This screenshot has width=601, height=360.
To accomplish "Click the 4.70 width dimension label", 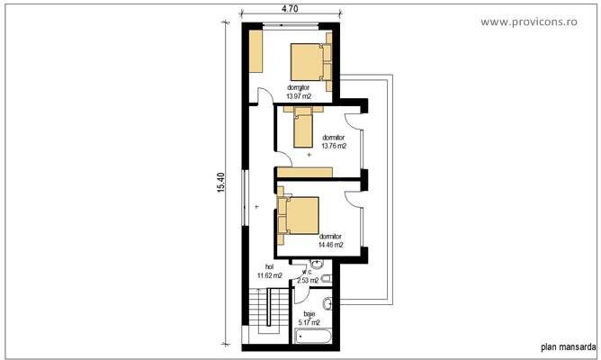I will (x=290, y=8).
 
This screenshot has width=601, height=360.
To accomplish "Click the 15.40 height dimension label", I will (x=220, y=183).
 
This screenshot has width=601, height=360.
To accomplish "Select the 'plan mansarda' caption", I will (x=567, y=345).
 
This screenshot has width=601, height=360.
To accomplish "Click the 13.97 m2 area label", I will (x=299, y=95).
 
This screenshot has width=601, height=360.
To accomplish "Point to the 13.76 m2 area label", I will (x=334, y=145).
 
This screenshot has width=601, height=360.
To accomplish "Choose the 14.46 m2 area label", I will (x=331, y=243).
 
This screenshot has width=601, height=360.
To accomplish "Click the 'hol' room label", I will (x=269, y=267).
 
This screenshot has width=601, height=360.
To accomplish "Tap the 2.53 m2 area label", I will (x=308, y=281).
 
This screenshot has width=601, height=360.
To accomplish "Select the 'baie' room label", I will (x=309, y=314).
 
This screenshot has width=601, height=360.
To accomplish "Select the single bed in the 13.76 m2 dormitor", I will (x=301, y=126).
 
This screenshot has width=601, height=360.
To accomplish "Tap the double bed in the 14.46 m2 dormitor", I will (x=299, y=218).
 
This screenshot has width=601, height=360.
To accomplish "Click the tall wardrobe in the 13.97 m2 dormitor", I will (x=256, y=51).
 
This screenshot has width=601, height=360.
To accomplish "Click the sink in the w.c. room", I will (x=317, y=265).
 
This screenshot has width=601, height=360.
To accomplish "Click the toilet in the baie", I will (x=330, y=304).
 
